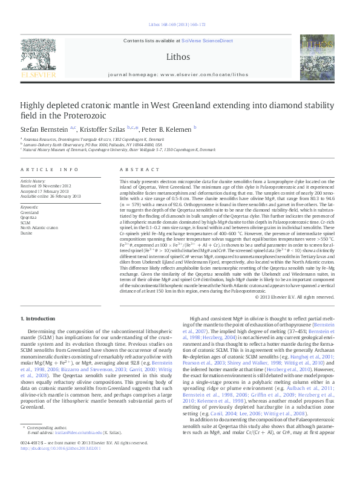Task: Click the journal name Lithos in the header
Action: point(177,57)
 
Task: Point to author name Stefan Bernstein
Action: point(45,129)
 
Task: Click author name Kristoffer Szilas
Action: point(103,129)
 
